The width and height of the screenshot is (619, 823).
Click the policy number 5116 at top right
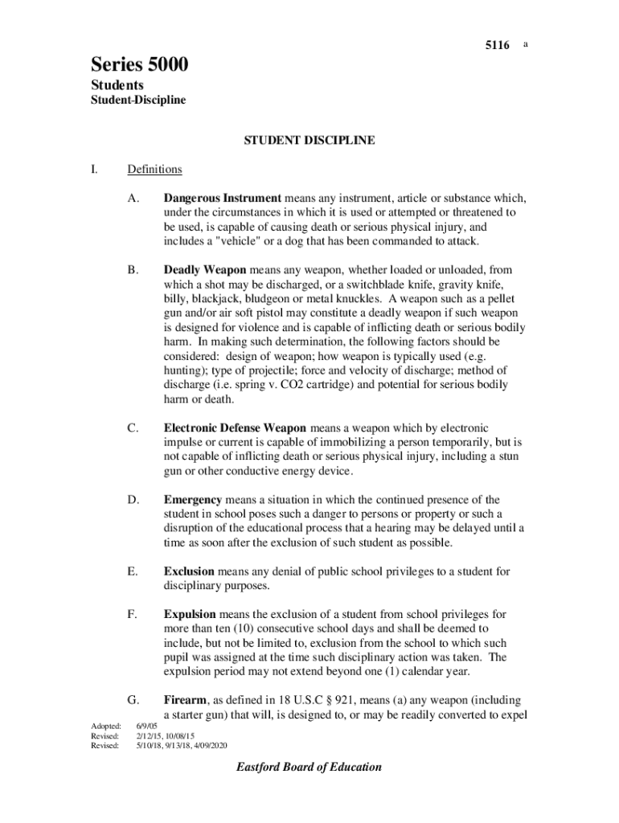click(x=497, y=46)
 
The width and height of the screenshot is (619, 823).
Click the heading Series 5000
click(x=139, y=65)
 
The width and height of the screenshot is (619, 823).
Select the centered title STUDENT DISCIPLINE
click(x=309, y=141)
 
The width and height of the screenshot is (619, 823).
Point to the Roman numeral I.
click(x=94, y=170)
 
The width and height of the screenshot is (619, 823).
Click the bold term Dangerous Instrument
click(x=222, y=198)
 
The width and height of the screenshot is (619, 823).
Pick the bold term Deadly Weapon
click(x=205, y=270)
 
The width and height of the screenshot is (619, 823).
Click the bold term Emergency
click(x=193, y=500)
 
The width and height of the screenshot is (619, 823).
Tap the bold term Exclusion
click(x=189, y=571)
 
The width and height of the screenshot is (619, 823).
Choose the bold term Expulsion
click(x=190, y=615)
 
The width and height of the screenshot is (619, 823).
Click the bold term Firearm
click(x=186, y=700)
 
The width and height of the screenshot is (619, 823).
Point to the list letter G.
click(x=133, y=700)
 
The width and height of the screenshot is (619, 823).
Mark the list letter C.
click(x=133, y=428)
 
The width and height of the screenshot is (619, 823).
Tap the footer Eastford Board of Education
click(x=309, y=768)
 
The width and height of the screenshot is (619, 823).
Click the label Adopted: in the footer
click(x=105, y=726)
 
